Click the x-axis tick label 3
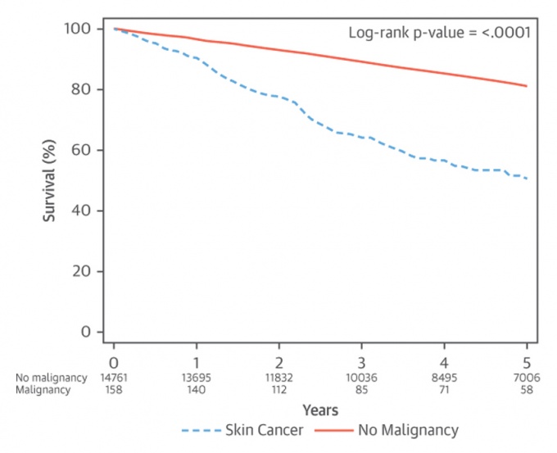pyautogui.click(x=361, y=361)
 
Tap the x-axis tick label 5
pyautogui.click(x=527, y=361)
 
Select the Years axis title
pyautogui.click(x=320, y=408)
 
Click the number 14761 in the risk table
pyautogui.click(x=114, y=378)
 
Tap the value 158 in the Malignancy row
pyautogui.click(x=114, y=390)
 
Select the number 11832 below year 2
pyautogui.click(x=278, y=378)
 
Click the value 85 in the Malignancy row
pyautogui.click(x=361, y=390)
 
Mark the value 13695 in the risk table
pyautogui.click(x=197, y=378)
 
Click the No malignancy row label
pyautogui.click(x=51, y=378)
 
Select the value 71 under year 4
pyautogui.click(x=444, y=390)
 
